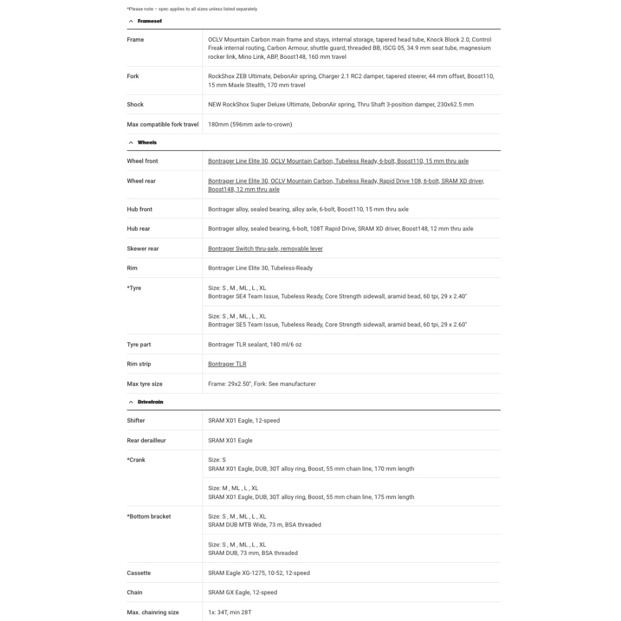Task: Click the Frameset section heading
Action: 149,21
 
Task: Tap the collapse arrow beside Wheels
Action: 130,143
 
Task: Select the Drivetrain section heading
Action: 150,402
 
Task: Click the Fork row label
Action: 133,76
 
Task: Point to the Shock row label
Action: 135,104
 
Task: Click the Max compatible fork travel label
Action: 163,124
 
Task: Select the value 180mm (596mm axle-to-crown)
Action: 250,124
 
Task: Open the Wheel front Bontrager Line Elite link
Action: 338,161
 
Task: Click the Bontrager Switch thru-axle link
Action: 265,249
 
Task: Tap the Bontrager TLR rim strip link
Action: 227,364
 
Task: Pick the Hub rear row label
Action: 138,229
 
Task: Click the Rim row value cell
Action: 260,268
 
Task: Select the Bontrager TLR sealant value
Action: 255,344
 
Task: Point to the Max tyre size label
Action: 144,384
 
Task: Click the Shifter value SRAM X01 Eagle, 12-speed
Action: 244,420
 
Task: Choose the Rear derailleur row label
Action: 146,440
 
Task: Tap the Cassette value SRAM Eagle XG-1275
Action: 259,573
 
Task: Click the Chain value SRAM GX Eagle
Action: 243,592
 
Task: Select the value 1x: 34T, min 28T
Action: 230,613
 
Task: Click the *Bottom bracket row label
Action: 149,517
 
